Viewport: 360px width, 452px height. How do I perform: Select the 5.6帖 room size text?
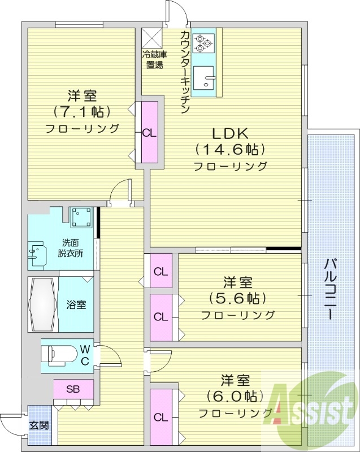[x=237, y=298]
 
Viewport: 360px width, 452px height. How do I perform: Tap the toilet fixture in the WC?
[x=59, y=355]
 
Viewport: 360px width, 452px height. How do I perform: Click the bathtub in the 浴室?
[x=42, y=303]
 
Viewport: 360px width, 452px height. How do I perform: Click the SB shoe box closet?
[x=73, y=389]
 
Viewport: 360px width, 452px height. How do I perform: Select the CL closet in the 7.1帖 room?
[x=149, y=133]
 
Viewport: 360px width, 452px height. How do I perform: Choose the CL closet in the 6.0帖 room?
[x=161, y=418]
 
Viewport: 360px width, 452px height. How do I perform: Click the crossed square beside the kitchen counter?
[x=152, y=37]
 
